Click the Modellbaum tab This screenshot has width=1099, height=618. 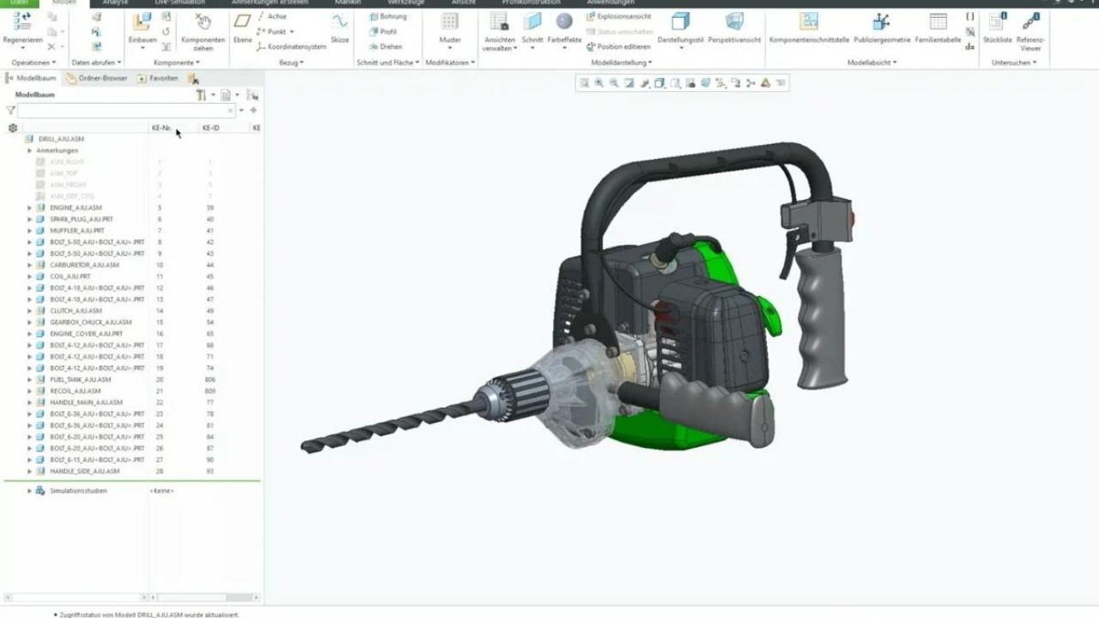point(35,78)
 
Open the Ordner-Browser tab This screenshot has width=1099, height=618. point(102,78)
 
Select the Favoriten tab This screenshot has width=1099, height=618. point(163,78)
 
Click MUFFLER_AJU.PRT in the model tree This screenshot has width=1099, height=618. point(77,231)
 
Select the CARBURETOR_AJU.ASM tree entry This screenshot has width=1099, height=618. point(84,265)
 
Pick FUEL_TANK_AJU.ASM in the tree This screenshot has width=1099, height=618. point(81,379)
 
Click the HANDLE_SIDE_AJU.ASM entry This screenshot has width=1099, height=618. point(84,471)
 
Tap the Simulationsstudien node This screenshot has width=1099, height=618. point(78,491)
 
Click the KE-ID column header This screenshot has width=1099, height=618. point(210,128)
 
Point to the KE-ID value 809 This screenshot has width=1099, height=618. point(210,391)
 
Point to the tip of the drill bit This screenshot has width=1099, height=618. point(304,447)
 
